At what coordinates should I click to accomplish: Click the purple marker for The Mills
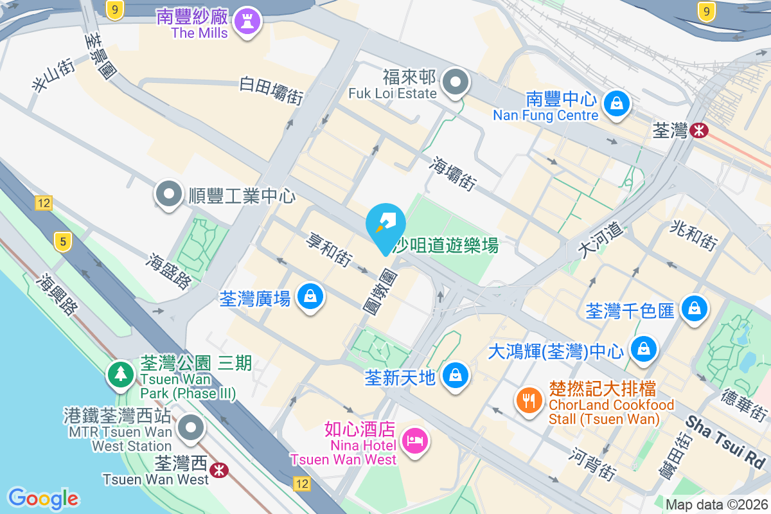point(247,22)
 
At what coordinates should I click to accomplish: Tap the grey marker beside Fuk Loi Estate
point(456,83)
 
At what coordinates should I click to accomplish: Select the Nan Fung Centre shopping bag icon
point(616,102)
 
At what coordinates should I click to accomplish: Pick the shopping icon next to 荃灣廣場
point(310,297)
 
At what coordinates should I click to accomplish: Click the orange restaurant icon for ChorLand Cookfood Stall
point(529,401)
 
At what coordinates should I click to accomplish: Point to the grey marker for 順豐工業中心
point(169,194)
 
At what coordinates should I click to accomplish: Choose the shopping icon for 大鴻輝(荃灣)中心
point(643,350)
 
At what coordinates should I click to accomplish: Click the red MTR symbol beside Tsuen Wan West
point(219,470)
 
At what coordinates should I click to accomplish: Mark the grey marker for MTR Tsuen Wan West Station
point(191,427)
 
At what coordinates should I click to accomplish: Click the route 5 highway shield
point(62,242)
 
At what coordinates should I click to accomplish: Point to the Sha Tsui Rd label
point(725,441)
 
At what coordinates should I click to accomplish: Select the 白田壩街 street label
point(271,91)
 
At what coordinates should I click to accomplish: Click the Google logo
point(43,499)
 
